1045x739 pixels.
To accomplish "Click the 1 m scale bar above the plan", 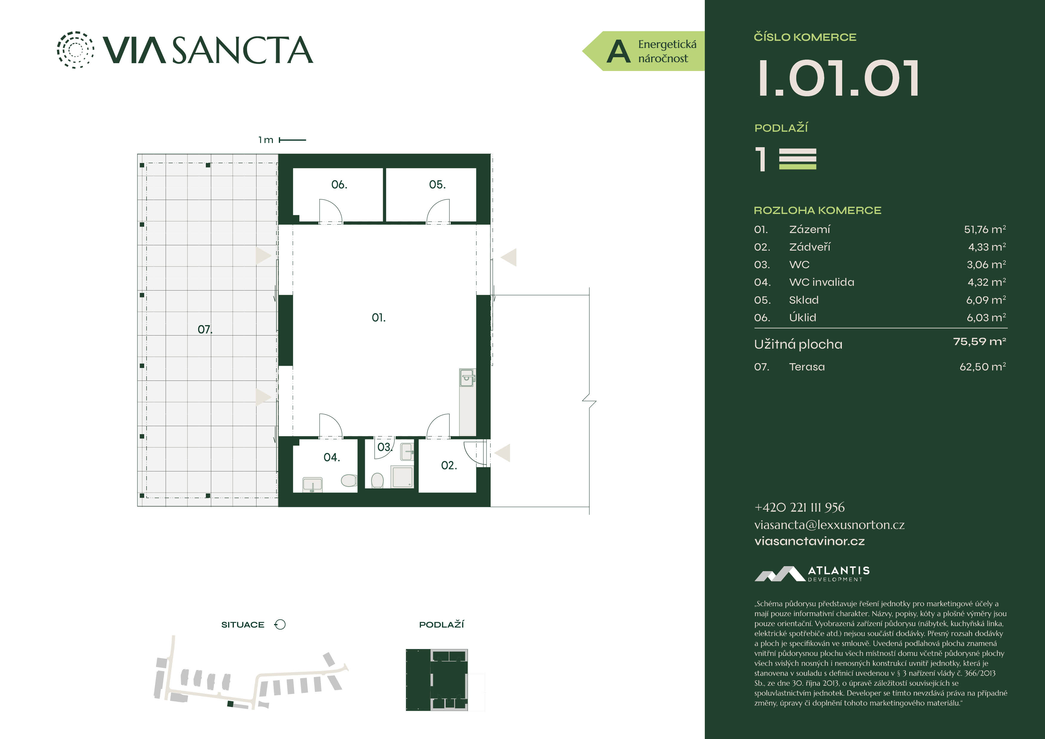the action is click(x=292, y=140).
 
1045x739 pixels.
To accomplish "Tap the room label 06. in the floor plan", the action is click(x=339, y=184).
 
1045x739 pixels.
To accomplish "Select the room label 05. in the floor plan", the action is click(x=437, y=184).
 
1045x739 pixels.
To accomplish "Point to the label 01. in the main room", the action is click(x=378, y=317).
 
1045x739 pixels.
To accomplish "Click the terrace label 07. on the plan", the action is click(x=205, y=329).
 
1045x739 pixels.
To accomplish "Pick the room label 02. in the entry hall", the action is click(x=449, y=465).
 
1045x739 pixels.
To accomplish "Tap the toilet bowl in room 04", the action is click(x=349, y=480).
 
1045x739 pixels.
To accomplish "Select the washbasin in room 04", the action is click(x=312, y=485).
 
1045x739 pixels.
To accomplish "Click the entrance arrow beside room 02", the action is click(x=503, y=453).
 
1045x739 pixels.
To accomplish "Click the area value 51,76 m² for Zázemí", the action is click(x=985, y=229).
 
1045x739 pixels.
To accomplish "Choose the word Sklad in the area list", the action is click(x=804, y=300).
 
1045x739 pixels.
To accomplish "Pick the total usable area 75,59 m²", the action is click(x=979, y=341).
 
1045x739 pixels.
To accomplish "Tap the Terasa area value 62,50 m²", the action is click(x=983, y=367).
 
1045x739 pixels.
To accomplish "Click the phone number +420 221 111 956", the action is click(x=799, y=507).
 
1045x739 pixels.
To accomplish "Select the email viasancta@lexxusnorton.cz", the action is click(x=829, y=525).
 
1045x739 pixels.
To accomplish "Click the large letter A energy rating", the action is click(x=618, y=52).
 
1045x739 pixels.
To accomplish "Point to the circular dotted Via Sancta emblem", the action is click(x=76, y=50).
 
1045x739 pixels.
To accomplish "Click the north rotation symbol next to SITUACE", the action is click(x=280, y=624).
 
